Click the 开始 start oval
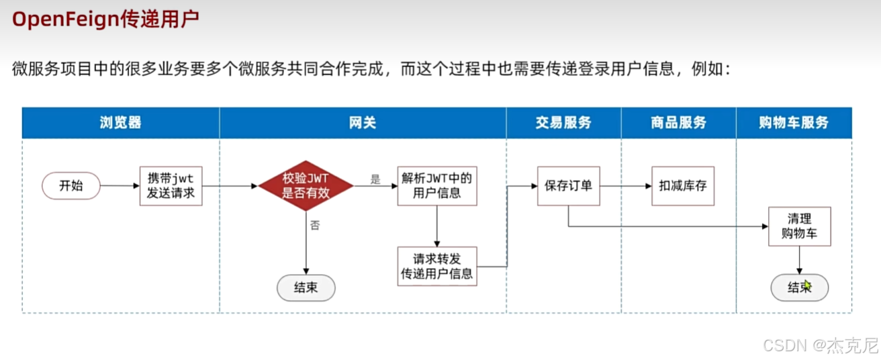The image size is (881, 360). [71, 186]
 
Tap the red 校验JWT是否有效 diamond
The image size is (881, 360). [306, 186]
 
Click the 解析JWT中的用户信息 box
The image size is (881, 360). [437, 186]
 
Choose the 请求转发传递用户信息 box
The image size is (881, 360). [437, 266]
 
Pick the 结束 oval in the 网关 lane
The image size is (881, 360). [306, 288]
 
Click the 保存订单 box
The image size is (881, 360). [568, 186]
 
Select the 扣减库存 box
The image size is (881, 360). [682, 186]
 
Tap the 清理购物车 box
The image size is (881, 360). [800, 227]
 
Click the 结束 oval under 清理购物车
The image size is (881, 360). [799, 288]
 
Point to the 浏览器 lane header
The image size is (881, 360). [121, 123]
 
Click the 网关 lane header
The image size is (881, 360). [363, 123]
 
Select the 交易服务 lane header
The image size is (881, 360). [564, 123]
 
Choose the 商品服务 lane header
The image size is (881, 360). [679, 123]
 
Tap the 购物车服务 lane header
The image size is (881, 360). [794, 123]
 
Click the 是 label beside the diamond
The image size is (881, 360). [375, 179]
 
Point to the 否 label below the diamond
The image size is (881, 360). [315, 226]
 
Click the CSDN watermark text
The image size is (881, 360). [784, 345]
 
